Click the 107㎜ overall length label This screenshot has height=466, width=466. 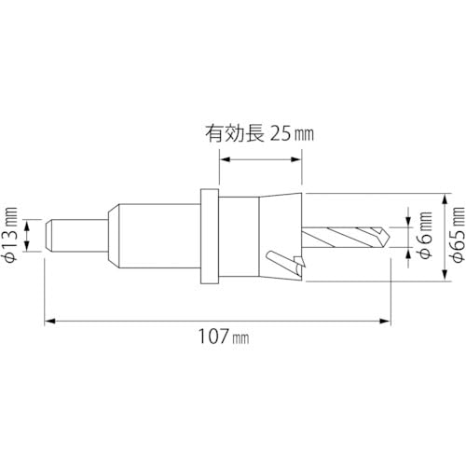coord(226,337)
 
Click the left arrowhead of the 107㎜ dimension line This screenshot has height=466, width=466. coord(49,320)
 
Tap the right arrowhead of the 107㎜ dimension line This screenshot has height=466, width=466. coord(387,320)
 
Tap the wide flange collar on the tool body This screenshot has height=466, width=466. coord(208,239)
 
